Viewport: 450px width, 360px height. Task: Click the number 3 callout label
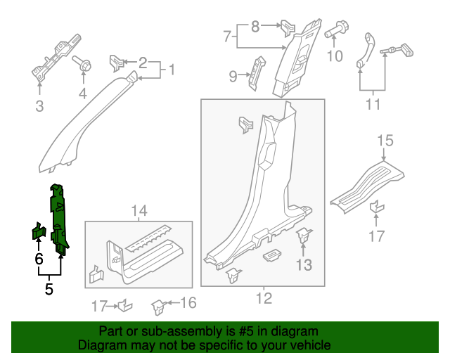39,106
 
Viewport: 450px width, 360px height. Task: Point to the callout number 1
169,70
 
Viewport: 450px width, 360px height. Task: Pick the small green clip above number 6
39,232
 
